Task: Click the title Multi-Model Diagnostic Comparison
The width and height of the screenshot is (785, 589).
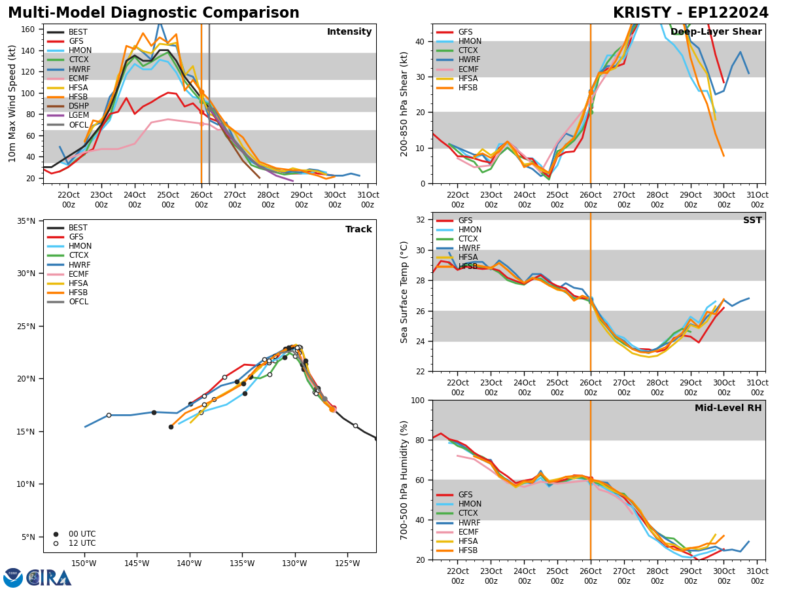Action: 154,13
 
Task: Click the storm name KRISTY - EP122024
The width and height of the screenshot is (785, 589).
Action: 690,13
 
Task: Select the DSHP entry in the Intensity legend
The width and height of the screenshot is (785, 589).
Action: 78,106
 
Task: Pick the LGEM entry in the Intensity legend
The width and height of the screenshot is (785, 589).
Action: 78,115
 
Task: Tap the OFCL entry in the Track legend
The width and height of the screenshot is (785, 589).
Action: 78,302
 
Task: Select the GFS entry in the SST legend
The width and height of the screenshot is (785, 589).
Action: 464,221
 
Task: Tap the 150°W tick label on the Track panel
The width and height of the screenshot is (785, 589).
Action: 84,564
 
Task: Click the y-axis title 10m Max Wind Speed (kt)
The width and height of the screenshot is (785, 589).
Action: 12,103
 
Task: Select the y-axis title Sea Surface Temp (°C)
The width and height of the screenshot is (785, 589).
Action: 405,292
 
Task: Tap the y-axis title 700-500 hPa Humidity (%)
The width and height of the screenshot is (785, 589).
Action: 405,480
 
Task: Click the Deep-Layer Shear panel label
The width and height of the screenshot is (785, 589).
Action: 716,32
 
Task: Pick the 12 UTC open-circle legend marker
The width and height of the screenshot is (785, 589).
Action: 56,543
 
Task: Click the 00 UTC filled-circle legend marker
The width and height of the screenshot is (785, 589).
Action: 56,534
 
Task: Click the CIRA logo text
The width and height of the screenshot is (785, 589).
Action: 49,578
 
